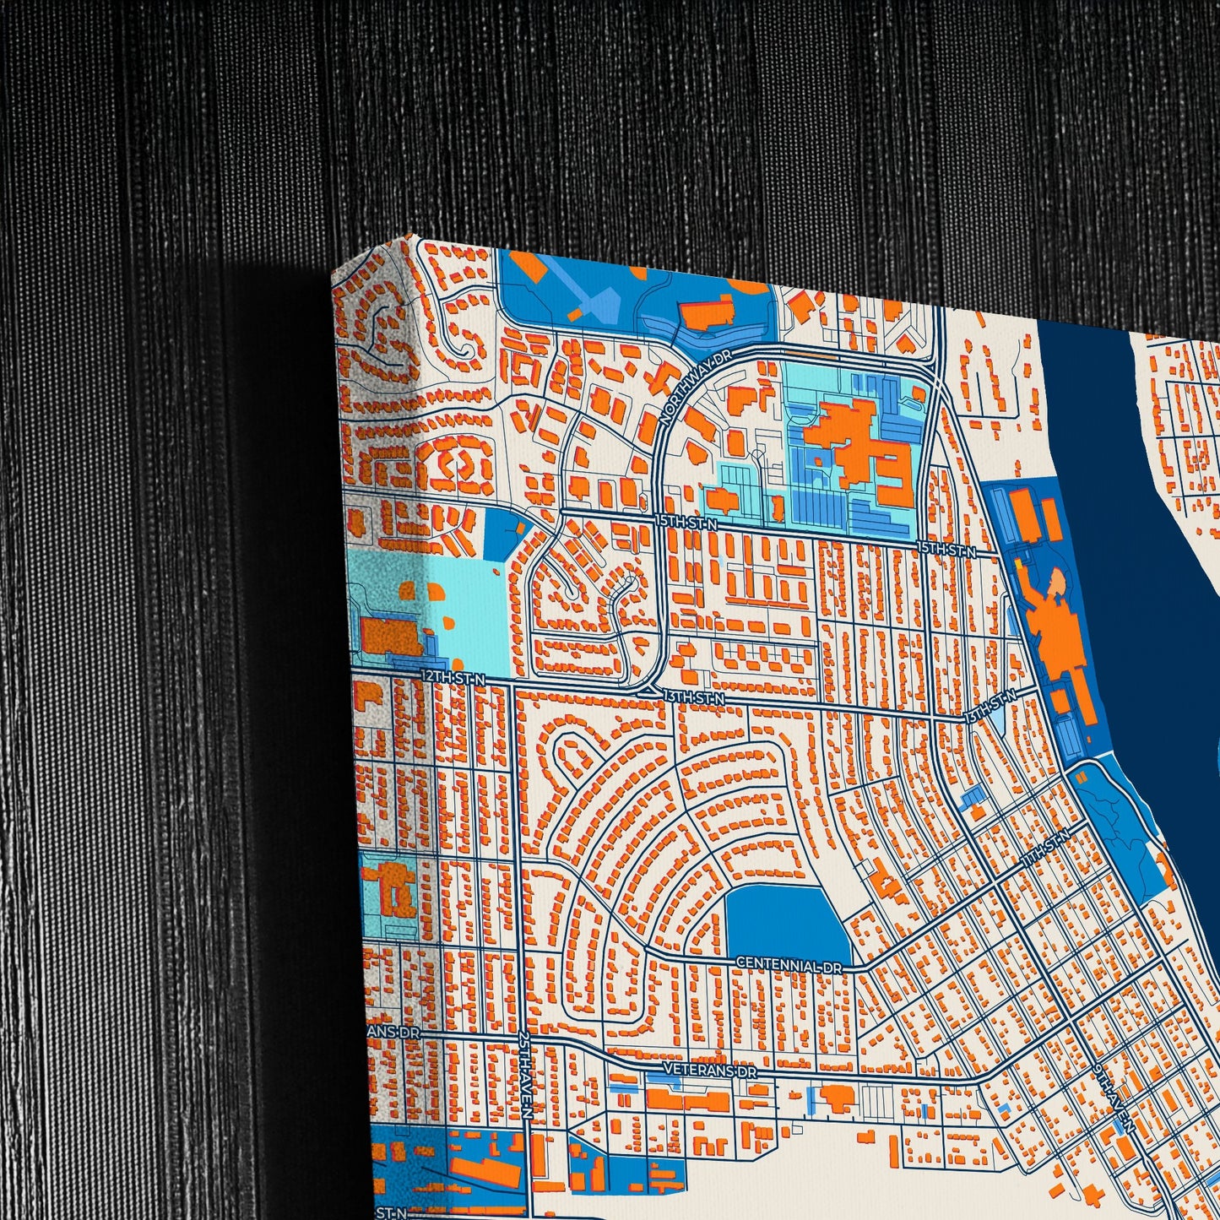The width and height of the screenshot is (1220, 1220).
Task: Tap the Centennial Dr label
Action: (x=789, y=964)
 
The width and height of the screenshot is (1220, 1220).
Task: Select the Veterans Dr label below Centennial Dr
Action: (x=709, y=1070)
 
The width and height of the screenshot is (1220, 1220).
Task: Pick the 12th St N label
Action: (x=453, y=677)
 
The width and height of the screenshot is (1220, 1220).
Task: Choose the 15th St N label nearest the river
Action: (x=946, y=550)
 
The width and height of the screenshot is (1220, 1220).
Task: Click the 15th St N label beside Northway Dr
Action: (x=686, y=523)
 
